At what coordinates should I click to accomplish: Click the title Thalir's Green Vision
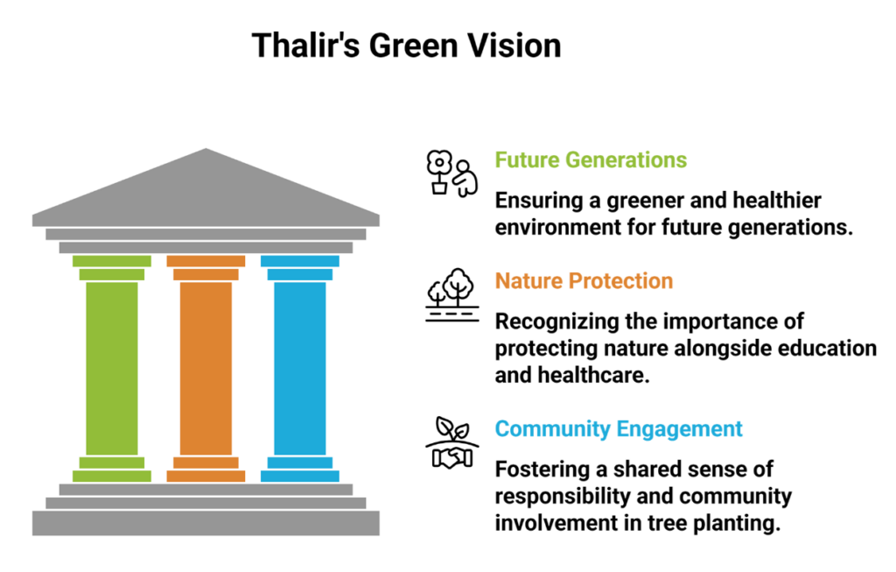tap(406, 46)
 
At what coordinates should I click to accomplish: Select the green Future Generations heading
tap(591, 160)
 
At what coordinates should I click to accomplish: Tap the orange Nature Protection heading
tap(584, 281)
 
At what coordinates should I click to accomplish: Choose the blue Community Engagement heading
tap(618, 429)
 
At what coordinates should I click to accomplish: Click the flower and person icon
tap(452, 173)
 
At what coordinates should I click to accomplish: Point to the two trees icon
tap(452, 293)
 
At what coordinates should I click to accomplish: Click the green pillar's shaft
tap(112, 368)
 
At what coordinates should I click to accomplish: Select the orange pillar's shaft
tap(206, 368)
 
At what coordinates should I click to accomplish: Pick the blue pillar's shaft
tap(300, 368)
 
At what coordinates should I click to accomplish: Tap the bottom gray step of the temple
tap(206, 523)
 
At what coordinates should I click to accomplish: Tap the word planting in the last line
tap(736, 523)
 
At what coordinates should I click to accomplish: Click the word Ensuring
tap(537, 201)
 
